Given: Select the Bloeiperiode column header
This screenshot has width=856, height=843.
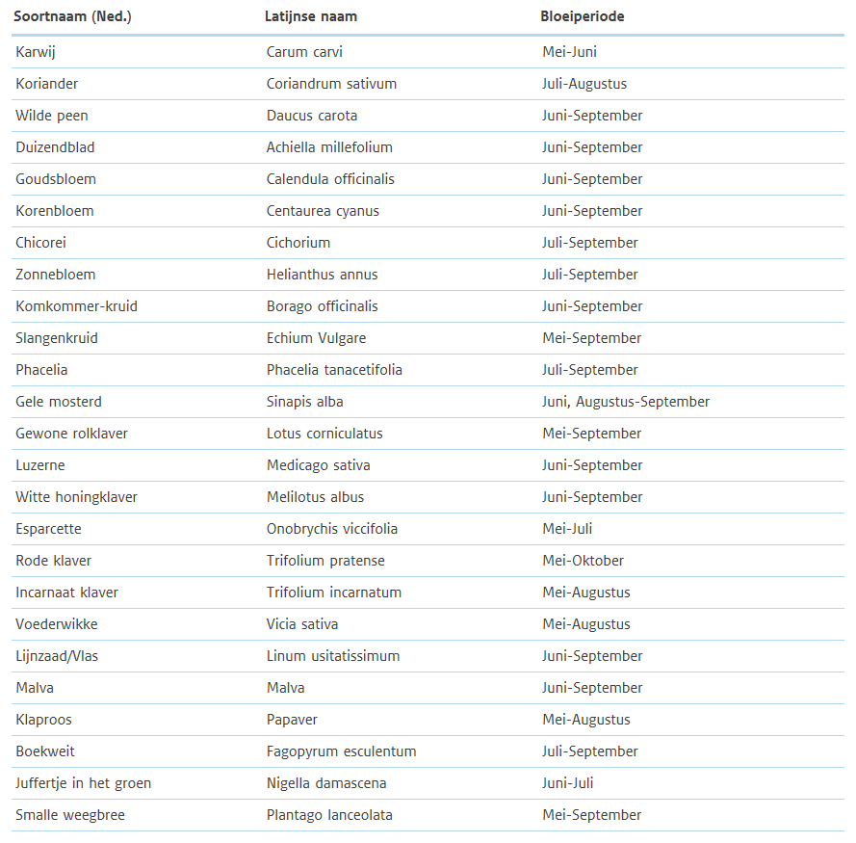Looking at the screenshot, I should point(582,16).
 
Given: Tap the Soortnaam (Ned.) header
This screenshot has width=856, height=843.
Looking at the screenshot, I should point(72,16).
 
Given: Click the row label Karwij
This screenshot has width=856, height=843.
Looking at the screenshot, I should point(36,52).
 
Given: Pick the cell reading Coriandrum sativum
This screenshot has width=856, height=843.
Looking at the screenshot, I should point(331,84).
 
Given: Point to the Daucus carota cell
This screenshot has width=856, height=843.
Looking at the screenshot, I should point(311,116).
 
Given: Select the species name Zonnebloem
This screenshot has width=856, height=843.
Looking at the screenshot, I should point(55,275).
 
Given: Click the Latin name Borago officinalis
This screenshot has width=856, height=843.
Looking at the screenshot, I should point(322,306).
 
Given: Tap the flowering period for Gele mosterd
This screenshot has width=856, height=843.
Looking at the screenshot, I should point(625,402).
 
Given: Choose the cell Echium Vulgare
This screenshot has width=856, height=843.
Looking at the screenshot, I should point(316,338).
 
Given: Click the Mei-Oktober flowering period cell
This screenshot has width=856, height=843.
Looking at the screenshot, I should point(583,561).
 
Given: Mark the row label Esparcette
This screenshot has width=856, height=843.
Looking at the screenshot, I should point(48,529).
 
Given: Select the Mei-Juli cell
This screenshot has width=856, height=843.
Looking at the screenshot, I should point(567,529).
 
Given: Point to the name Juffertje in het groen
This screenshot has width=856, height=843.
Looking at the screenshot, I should point(83,783).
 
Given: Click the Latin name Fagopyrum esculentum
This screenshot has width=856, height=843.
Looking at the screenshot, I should point(341,751).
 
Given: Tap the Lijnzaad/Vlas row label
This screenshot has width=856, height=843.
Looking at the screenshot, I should point(56,656).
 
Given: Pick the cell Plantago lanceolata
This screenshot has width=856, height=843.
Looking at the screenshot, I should point(329,815).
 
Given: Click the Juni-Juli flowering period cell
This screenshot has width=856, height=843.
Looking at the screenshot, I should point(568,783).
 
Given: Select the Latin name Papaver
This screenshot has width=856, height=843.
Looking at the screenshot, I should point(292,720).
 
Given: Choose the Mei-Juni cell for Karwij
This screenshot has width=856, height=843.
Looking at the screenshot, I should point(569,52).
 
